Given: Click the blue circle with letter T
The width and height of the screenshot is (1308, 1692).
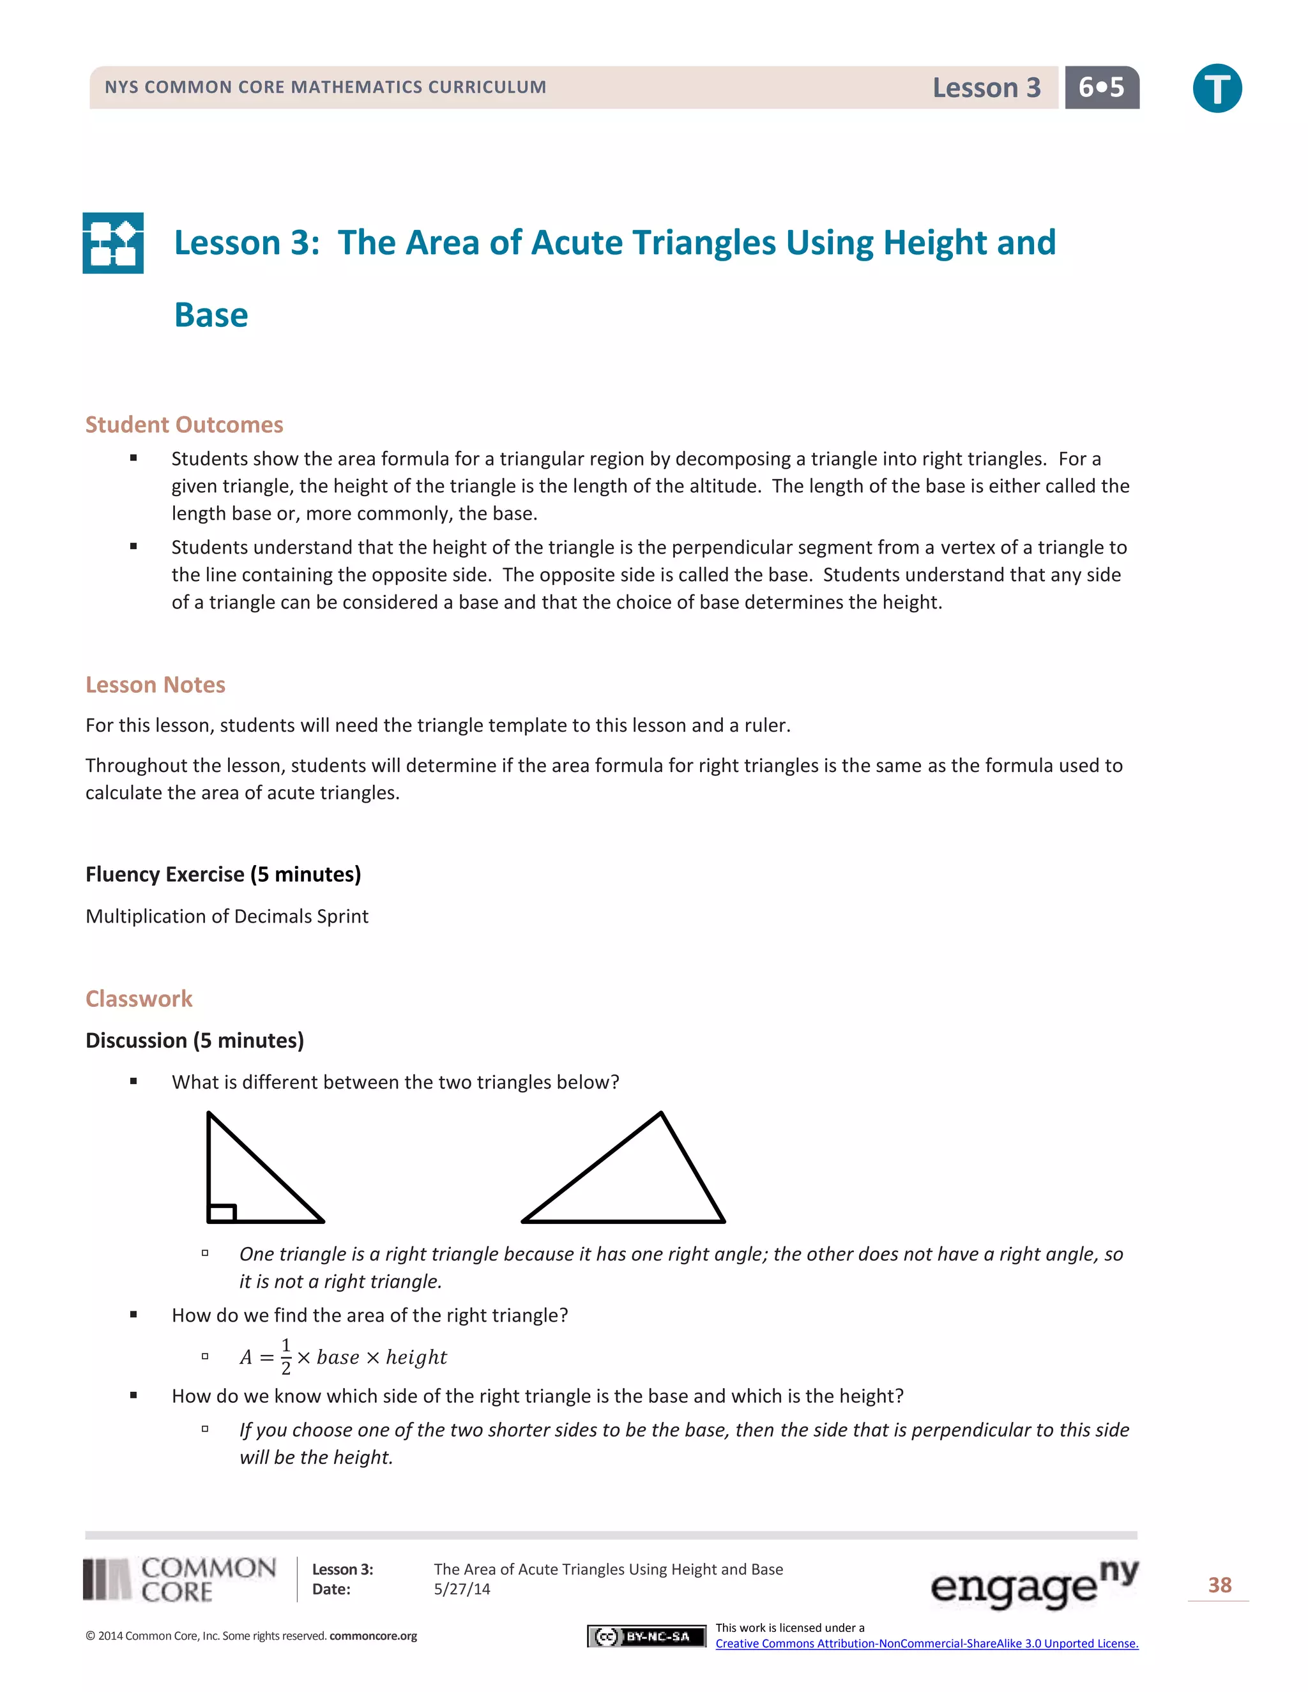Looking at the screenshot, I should coord(1217,88).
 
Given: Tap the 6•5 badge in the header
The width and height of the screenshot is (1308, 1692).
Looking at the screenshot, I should coord(1101,87).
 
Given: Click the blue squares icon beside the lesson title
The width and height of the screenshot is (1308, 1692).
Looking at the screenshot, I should coord(113,243).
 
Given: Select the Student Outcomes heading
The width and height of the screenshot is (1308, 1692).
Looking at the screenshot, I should coord(185,425).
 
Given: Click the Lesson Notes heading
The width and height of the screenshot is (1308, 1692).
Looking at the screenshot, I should coord(155,685).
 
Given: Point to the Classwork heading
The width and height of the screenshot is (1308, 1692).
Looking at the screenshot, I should coord(139,999).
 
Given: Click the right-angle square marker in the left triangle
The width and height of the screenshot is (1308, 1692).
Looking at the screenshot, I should coord(222,1212).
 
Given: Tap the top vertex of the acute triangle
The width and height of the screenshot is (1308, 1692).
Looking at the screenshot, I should coord(661,1114).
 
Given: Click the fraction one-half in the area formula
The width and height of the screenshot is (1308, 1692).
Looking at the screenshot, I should coord(286,1357).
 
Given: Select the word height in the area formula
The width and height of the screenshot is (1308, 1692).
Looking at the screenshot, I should coord(416,1357).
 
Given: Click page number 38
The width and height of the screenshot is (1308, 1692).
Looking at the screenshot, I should coord(1220,1585).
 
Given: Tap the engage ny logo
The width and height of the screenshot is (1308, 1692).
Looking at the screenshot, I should coord(1034,1583).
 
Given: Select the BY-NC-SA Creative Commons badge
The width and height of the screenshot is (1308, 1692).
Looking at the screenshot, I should coord(646,1636).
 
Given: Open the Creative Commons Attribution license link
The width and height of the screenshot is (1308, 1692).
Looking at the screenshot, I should coord(927,1643).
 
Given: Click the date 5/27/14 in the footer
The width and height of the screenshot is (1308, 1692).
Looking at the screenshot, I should coord(462,1589).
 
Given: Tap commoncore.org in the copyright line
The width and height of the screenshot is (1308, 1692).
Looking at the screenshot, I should coord(373,1636).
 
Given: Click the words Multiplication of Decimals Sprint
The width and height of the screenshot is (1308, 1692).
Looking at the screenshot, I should coord(227,916).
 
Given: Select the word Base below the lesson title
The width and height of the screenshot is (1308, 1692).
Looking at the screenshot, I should coord(211,315).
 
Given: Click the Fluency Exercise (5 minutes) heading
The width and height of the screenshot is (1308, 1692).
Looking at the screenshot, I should coord(223,875).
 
